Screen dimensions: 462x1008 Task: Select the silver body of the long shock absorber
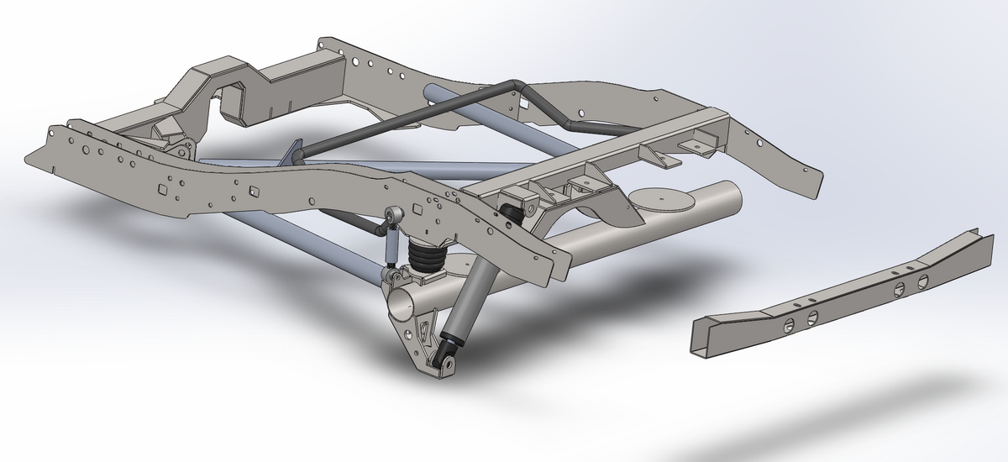[465, 307]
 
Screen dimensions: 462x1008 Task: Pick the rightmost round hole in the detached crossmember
[921, 280]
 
